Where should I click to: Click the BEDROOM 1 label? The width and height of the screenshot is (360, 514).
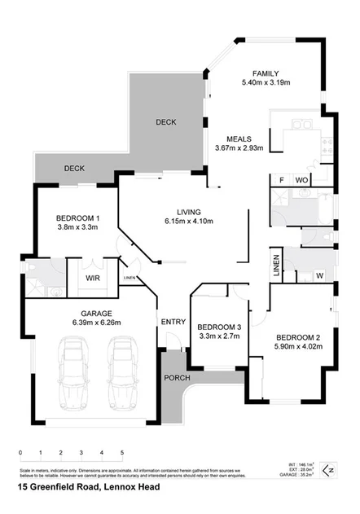[78, 218]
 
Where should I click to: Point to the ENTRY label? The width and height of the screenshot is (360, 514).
[173, 321]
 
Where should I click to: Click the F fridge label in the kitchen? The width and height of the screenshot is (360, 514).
[281, 179]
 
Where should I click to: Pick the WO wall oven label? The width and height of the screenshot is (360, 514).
[301, 179]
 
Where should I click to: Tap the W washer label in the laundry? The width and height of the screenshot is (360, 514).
[319, 275]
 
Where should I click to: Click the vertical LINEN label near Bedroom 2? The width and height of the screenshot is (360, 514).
[276, 266]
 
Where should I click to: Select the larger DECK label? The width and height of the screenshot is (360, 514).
[166, 121]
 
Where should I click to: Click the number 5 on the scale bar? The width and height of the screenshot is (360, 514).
[122, 452]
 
